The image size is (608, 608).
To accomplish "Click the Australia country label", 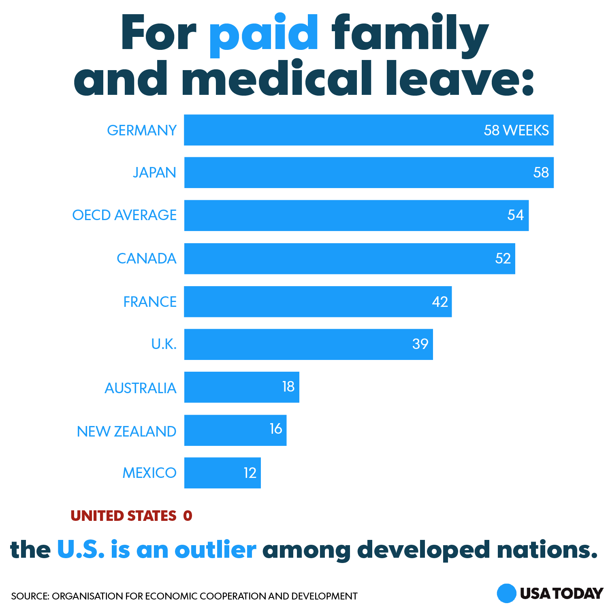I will point(141,388).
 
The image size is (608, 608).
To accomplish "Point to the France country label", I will point(150,302).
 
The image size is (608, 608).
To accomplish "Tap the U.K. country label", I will point(164,344).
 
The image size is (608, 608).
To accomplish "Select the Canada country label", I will point(147,259).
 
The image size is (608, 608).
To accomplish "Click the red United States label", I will point(124,516).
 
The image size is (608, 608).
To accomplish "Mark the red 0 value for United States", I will point(188,516).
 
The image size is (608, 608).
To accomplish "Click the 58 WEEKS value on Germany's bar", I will point(516,130).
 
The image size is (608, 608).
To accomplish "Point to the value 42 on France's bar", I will point(440,302).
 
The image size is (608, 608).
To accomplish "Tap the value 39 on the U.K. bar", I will point(420,344).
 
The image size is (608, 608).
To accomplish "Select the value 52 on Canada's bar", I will point(503,259).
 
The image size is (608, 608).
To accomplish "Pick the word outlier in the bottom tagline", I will point(215,550).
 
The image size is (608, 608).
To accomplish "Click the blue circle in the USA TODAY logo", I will point(506,593).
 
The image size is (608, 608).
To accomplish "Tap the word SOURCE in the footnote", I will point(30,596).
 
